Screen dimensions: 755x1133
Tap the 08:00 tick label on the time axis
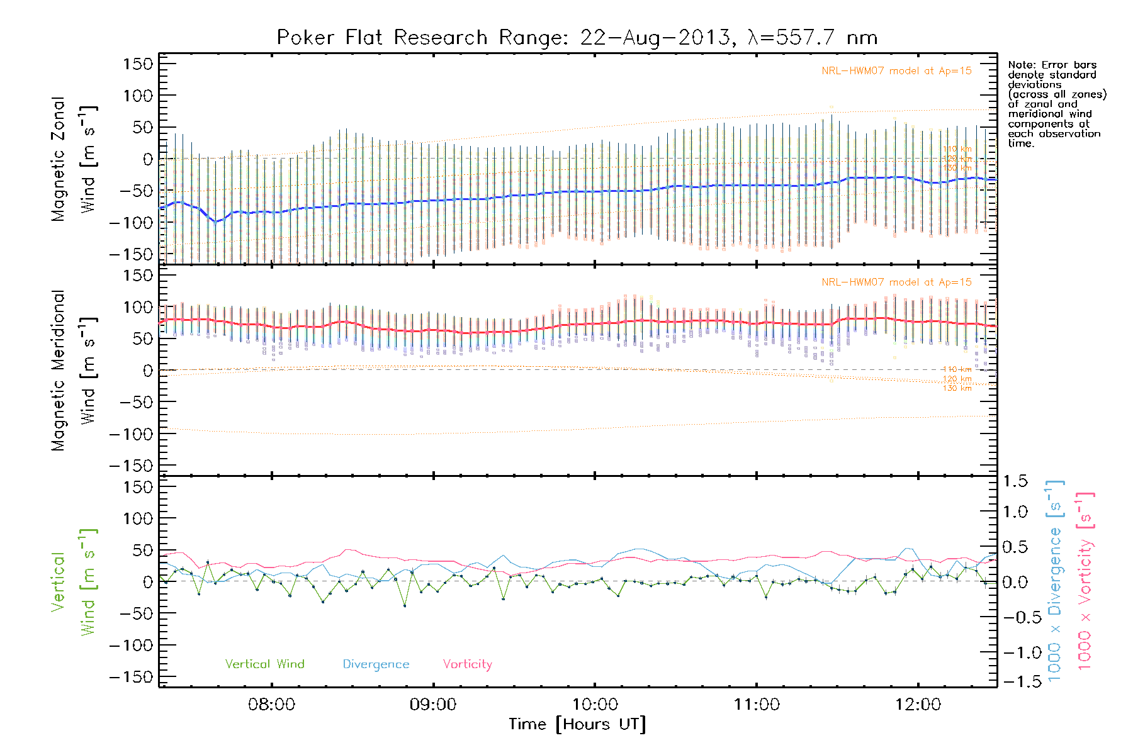[x=271, y=705]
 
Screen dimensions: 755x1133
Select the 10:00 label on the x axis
[x=595, y=705]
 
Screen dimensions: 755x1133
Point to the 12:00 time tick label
[x=918, y=705]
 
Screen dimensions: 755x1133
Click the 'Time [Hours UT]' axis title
[x=577, y=725]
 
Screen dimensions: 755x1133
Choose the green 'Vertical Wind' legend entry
[x=264, y=664]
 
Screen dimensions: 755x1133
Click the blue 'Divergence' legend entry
[x=376, y=664]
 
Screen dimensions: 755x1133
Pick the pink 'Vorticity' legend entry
[x=467, y=664]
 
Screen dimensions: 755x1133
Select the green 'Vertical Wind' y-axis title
[x=73, y=582]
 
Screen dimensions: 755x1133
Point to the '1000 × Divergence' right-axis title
[x=1055, y=582]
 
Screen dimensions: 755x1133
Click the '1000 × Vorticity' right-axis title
[x=1085, y=582]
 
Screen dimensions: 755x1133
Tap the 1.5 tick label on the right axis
[x=1015, y=481]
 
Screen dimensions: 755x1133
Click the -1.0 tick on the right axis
[x=1015, y=652]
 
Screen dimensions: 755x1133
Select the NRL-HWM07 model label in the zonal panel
[x=896, y=70]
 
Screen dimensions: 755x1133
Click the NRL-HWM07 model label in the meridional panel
[x=896, y=282]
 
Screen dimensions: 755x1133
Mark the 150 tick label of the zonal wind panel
[x=138, y=64]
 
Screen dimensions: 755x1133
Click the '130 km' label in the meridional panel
[x=957, y=388]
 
